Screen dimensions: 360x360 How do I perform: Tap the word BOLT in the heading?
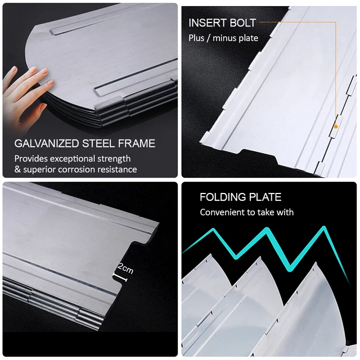(243, 23)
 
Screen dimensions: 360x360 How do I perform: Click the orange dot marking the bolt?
(336, 127)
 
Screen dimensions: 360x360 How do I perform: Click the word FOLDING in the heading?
(223, 197)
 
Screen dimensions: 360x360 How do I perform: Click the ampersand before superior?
(17, 169)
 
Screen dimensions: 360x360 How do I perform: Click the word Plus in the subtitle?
(196, 38)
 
